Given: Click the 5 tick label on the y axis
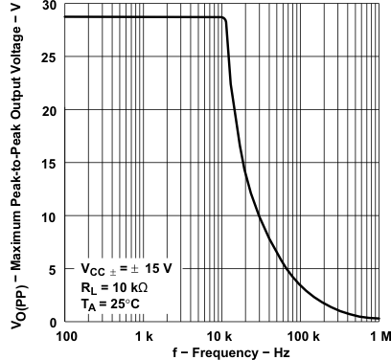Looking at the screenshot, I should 50,269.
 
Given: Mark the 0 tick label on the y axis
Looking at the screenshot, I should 50,322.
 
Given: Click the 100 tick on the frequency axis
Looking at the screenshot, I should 66,337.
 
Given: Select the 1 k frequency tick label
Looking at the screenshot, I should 144,337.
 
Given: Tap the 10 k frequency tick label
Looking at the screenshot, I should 222,337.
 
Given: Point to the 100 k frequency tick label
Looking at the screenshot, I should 301,337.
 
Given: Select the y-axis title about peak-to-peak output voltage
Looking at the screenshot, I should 16,163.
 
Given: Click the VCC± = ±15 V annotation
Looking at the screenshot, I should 126,269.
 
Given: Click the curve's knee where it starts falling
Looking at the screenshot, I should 224,18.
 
